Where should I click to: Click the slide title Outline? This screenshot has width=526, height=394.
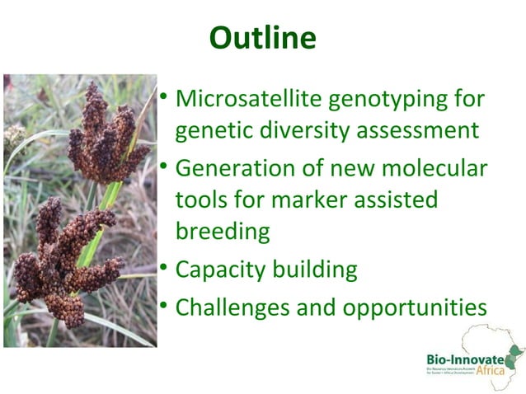click(262, 37)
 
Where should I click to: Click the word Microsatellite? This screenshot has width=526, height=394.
click(249, 100)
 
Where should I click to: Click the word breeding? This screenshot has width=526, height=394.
click(223, 231)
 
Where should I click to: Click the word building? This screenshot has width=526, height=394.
click(318, 270)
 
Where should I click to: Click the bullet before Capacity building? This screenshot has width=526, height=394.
click(165, 268)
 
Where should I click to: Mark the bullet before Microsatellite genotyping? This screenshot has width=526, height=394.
click(165, 98)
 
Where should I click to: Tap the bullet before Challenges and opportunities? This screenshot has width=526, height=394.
click(165, 306)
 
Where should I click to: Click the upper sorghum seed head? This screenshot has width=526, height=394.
click(106, 136)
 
